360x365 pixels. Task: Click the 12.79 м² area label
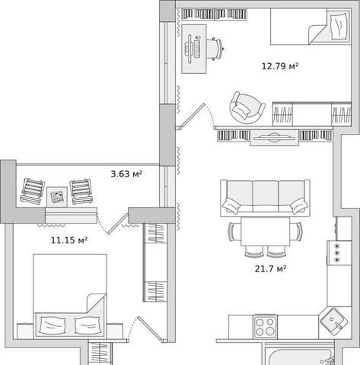[280, 66]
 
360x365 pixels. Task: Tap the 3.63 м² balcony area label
[126, 174]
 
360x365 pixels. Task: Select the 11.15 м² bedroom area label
[69, 240]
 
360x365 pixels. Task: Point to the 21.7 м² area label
[270, 268]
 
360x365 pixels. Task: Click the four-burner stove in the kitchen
[265, 327]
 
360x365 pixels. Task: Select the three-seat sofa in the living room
[265, 198]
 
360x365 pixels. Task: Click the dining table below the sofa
[265, 231]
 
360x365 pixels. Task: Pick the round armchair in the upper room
[247, 107]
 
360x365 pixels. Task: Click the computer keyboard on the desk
[198, 48]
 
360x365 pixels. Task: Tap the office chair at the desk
[215, 49]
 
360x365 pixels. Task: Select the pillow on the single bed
[339, 27]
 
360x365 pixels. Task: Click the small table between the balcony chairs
[57, 197]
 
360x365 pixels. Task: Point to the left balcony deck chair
[32, 191]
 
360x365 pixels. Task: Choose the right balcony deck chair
[81, 192]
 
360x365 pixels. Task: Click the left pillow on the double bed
[53, 325]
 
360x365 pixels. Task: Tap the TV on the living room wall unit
[274, 138]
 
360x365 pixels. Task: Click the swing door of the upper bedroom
[192, 116]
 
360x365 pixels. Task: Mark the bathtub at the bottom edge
[299, 356]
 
